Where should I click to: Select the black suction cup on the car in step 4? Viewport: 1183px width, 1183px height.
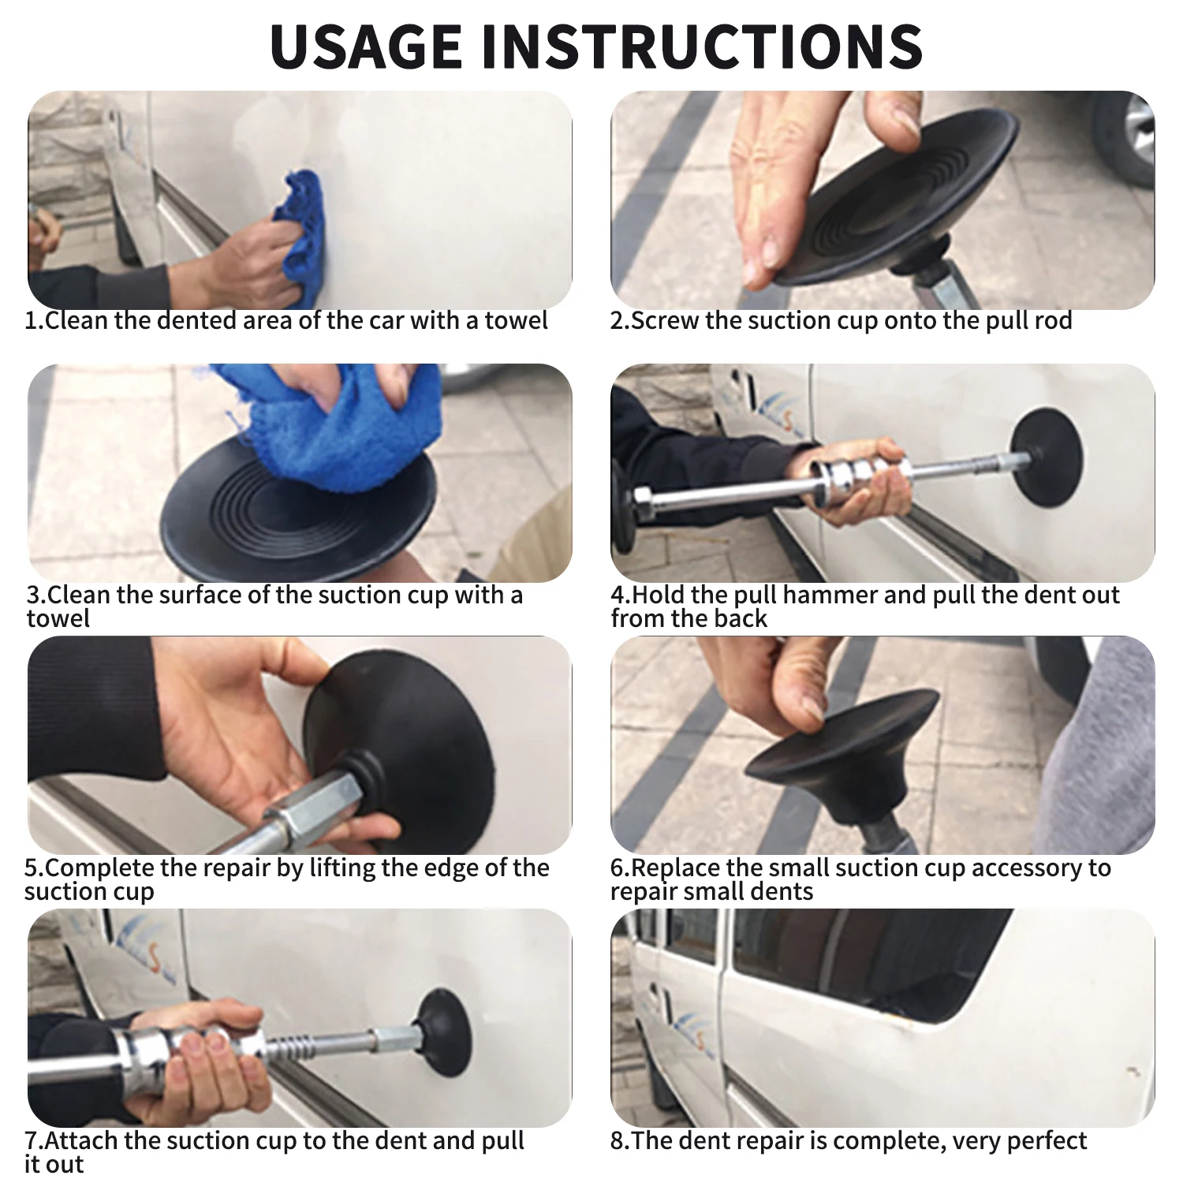pyautogui.click(x=1047, y=457)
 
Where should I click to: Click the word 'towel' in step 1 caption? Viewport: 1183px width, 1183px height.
pyautogui.click(x=516, y=321)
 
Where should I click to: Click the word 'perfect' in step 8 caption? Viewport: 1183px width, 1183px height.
pyautogui.click(x=1048, y=1141)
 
